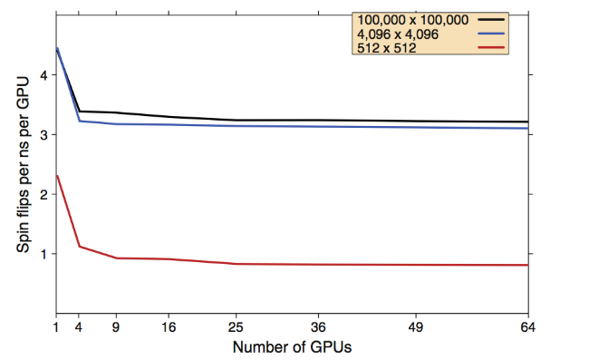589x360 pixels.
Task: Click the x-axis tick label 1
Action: coord(57,329)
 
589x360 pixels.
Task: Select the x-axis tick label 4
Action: coord(80,329)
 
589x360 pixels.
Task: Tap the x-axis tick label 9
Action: coord(117,329)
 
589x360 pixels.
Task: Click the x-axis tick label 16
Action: coord(169,329)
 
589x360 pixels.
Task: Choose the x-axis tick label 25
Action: coord(237,329)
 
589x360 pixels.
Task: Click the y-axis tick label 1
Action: coord(43,254)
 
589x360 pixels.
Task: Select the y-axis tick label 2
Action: coord(43,194)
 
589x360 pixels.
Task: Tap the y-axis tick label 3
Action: coord(43,135)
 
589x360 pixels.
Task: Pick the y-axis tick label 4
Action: coord(43,75)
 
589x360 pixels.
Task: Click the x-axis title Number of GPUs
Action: coord(292,347)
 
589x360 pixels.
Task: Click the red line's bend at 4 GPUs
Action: coord(80,246)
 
